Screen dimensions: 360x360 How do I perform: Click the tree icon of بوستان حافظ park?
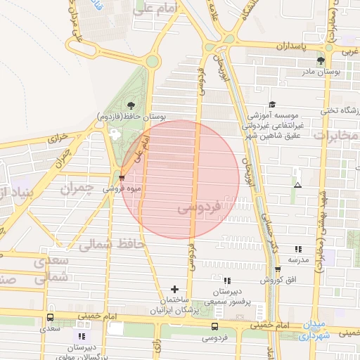131,105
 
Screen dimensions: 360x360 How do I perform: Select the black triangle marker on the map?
298,186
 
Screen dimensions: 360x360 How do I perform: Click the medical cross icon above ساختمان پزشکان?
174,289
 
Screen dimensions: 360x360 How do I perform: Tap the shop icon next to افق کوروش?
278,269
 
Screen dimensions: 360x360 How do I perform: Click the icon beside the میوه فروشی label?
122,178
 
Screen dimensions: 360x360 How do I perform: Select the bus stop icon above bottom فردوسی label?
214,326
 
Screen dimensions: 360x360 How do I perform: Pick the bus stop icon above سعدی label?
49,317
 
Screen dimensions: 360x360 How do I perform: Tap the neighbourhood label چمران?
76,188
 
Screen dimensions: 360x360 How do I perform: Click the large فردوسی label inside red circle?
199,209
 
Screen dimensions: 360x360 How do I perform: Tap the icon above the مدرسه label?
298,249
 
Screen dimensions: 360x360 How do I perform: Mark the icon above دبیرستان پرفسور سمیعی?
226,281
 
